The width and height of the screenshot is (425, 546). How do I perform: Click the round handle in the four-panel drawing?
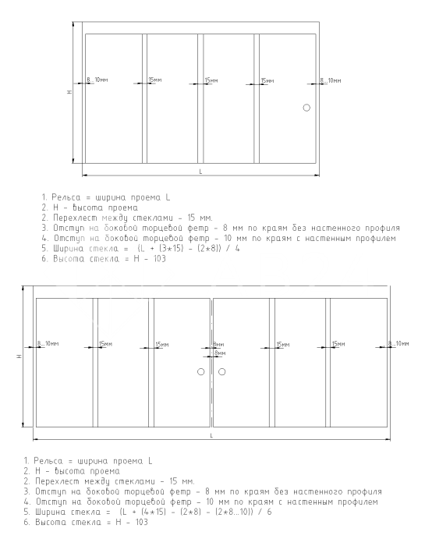[306, 108]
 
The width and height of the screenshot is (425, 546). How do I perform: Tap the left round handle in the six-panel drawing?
[201, 371]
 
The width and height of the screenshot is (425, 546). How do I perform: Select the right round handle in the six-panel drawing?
[221, 371]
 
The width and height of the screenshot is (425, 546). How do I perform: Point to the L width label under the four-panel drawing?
[200, 172]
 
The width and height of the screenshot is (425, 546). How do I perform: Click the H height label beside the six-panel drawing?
[19, 356]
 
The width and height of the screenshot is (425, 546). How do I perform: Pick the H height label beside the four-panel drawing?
[69, 92]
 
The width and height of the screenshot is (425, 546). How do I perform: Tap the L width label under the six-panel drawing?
[211, 435]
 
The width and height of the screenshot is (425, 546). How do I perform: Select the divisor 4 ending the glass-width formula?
[237, 249]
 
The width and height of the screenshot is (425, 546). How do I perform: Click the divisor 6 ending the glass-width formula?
[269, 512]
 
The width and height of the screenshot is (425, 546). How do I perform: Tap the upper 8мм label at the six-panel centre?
[218, 345]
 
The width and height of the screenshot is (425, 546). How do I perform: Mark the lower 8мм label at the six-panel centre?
[220, 353]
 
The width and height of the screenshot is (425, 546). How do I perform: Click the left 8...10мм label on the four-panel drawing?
[97, 80]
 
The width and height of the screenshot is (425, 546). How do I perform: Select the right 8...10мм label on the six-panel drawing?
[398, 344]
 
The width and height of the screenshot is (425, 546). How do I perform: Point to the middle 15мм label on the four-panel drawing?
[211, 80]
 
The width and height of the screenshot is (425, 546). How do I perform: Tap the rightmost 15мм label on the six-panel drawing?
[338, 344]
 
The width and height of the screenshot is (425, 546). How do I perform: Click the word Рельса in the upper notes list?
[66, 197]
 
